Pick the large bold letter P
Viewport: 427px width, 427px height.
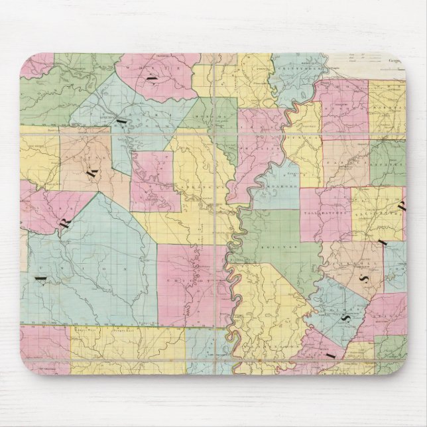pyautogui.click(x=402, y=205)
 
